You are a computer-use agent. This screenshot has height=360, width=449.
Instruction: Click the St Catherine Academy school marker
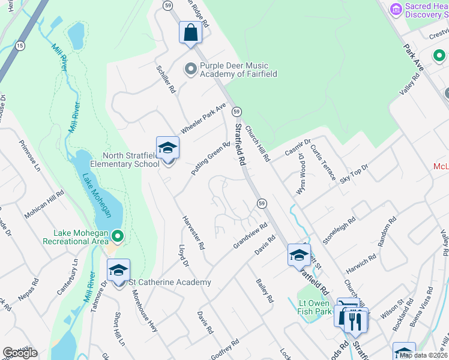pyautogui.click(x=119, y=272)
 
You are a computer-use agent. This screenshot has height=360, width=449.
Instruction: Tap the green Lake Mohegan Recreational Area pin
pyautogui.click(x=118, y=238)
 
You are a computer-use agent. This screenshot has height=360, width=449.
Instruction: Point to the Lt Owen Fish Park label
pyautogui.click(x=315, y=307)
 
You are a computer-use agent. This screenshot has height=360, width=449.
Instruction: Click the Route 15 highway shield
pyautogui.click(x=20, y=46)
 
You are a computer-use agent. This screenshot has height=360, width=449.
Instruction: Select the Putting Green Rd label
pyautogui.click(x=211, y=158)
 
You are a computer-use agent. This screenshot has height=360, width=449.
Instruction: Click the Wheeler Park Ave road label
pyautogui.click(x=203, y=119)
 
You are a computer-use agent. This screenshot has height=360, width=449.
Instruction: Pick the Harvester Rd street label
pyautogui.click(x=194, y=233)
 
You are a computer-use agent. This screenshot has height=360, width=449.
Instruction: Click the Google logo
pyautogui.click(x=20, y=353)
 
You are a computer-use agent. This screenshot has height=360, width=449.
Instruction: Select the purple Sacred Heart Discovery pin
pyautogui.click(x=396, y=10)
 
